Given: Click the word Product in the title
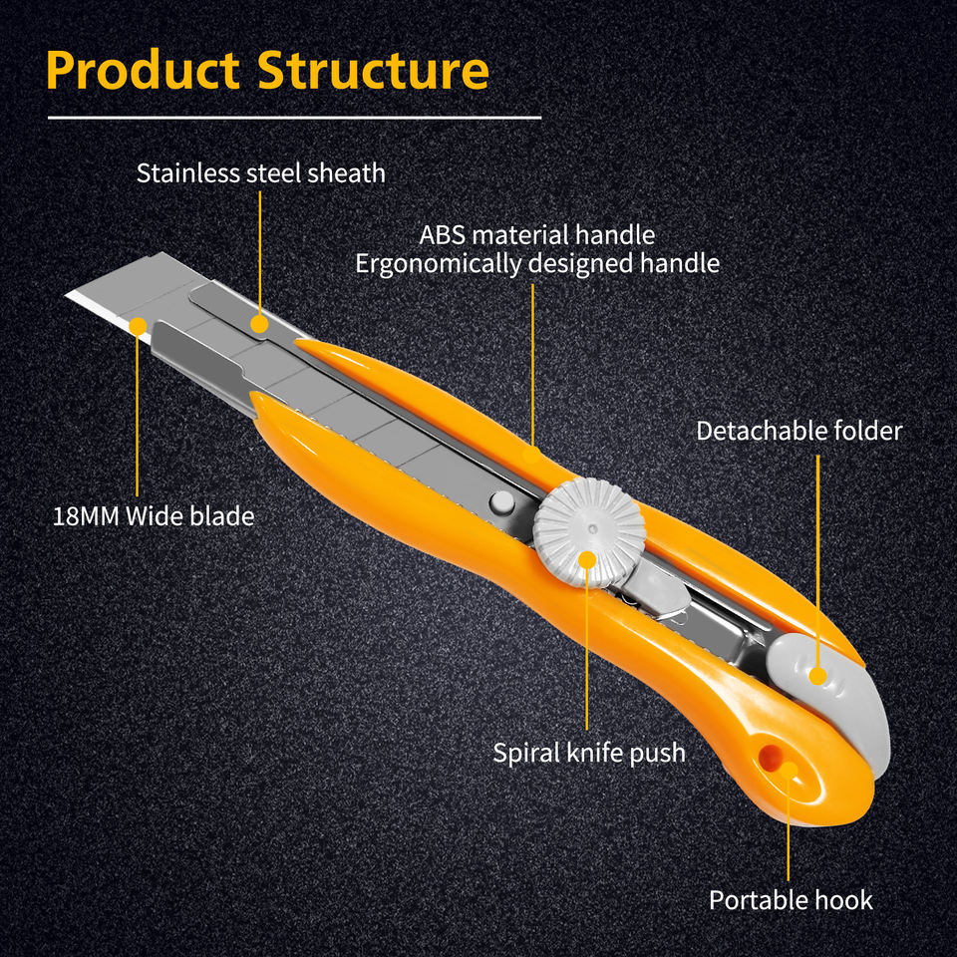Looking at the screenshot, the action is click(x=143, y=70).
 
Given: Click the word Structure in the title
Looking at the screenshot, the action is click(x=373, y=70).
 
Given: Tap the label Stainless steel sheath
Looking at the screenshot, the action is click(x=260, y=173).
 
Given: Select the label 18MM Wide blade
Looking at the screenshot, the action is click(x=154, y=516).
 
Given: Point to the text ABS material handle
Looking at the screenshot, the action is click(x=537, y=235).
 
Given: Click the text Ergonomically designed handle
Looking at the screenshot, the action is click(x=537, y=264).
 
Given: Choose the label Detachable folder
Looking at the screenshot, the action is click(x=798, y=431).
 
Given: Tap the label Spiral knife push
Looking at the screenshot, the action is click(x=589, y=753).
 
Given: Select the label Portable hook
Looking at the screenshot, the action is click(x=791, y=900).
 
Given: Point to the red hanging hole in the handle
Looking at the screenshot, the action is click(x=771, y=757).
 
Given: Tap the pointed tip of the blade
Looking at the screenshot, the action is click(x=67, y=295).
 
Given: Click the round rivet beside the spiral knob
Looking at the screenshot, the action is click(x=501, y=501).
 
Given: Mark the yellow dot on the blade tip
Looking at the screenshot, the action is click(x=138, y=327).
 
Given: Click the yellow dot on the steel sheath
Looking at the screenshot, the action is click(x=259, y=324).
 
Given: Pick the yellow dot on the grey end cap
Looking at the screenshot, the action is click(x=817, y=676).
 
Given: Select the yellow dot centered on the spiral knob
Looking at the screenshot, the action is click(x=587, y=559).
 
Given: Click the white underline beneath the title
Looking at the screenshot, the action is click(x=294, y=118).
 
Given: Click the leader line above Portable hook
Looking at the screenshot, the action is click(x=788, y=827).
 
